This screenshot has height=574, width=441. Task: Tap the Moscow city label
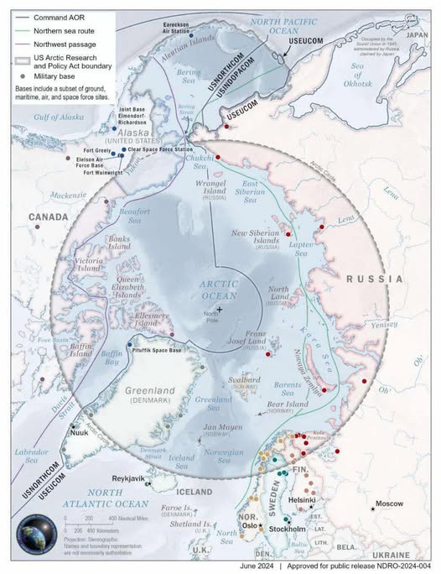(x=389, y=504)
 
